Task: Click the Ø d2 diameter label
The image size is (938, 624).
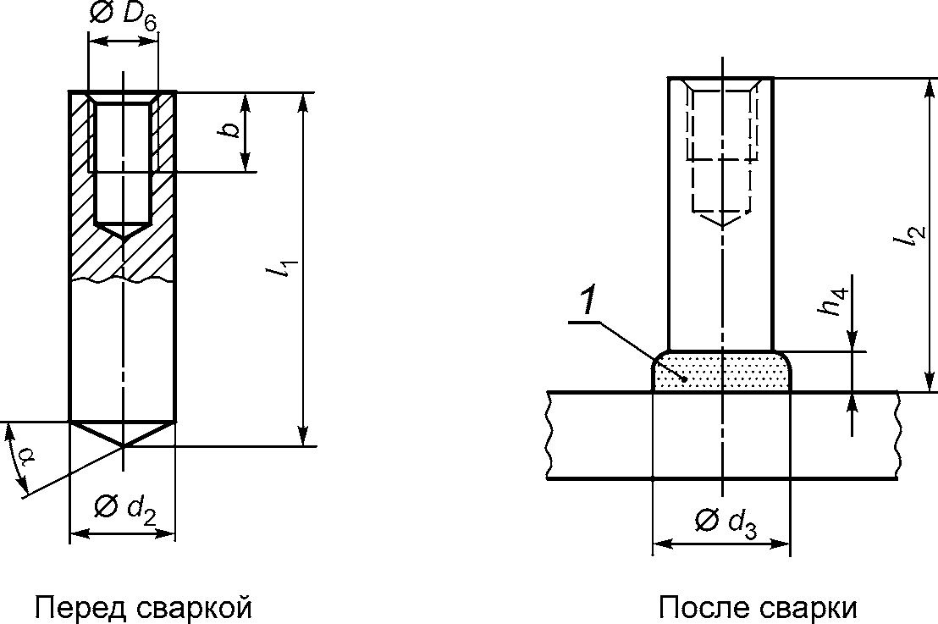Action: click(x=124, y=510)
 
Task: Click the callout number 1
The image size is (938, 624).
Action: click(x=588, y=300)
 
